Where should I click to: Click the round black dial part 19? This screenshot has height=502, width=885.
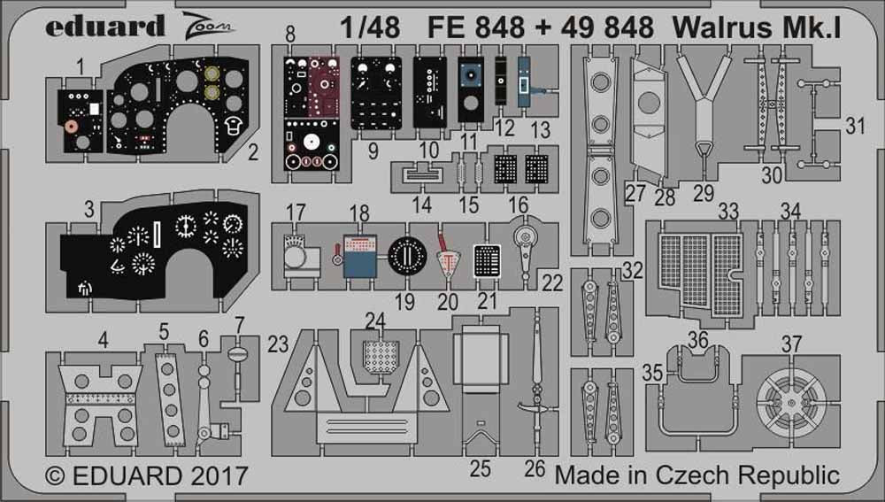[x=407, y=255]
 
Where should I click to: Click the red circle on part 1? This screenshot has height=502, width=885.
[x=68, y=126]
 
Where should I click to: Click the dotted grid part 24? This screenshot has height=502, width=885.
[x=381, y=357]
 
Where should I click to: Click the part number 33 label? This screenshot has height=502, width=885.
[x=728, y=212]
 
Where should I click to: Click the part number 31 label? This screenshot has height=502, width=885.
[x=854, y=127]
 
